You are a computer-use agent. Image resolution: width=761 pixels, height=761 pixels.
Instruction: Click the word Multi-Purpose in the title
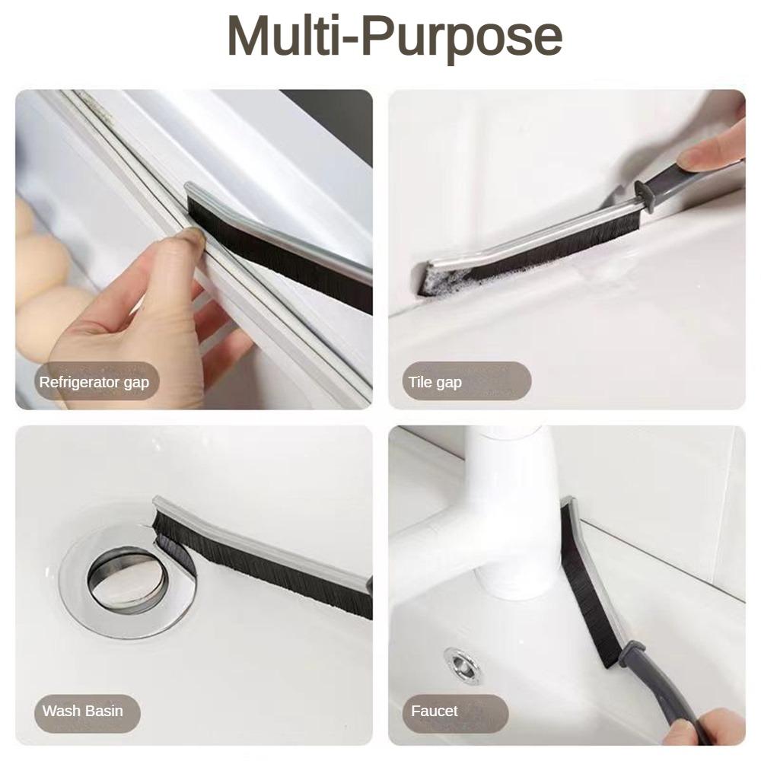(x=394, y=36)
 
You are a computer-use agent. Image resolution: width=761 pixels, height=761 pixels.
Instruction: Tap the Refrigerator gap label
(x=94, y=382)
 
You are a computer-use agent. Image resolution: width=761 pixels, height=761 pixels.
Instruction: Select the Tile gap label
(x=435, y=382)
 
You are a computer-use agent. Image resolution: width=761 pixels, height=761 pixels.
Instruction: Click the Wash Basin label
(x=82, y=712)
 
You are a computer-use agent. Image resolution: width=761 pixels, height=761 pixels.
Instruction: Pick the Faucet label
(x=435, y=712)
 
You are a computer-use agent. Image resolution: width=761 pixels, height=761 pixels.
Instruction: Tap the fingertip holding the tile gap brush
(x=704, y=157)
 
